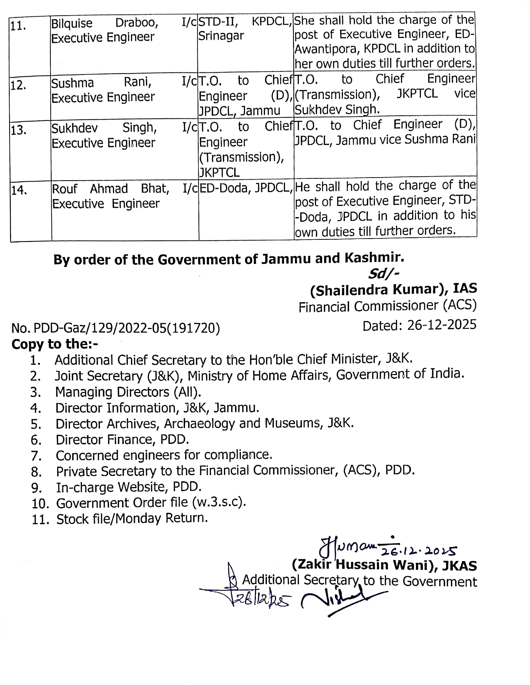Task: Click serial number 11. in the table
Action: [17, 26]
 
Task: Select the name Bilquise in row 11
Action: [72, 24]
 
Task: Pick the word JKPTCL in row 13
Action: [219, 172]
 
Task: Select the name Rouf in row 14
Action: [64, 189]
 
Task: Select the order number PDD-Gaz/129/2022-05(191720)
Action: [127, 328]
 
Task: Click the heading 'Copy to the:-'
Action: [55, 344]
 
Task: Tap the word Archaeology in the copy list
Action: [200, 424]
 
